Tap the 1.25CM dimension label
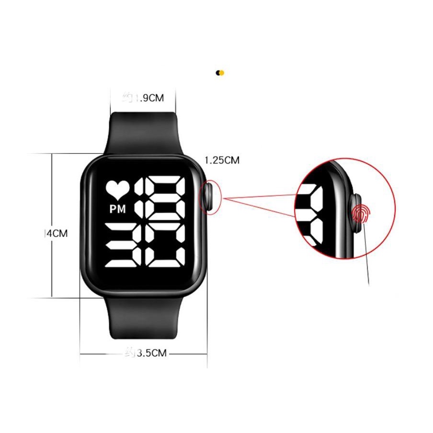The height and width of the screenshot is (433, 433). [222, 160]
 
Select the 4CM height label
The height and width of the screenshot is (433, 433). [57, 234]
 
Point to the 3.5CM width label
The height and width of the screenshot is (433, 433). [151, 353]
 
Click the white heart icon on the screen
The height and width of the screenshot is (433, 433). [117, 189]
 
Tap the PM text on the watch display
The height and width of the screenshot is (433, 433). [117, 209]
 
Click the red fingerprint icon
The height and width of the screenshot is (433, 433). [360, 214]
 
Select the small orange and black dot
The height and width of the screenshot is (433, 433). [220, 73]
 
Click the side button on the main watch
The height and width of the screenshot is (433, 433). [209, 196]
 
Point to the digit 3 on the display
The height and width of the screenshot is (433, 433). [123, 246]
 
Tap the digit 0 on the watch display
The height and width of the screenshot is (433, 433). [166, 246]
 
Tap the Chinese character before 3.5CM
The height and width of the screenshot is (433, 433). [129, 353]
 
